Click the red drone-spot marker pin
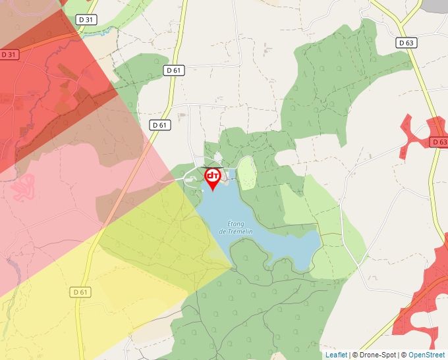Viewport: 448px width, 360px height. click(213, 178)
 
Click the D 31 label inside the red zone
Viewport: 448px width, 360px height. click(9, 55)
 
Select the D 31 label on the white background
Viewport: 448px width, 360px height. click(86, 20)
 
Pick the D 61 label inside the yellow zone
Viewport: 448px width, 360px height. click(80, 292)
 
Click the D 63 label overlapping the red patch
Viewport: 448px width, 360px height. click(439, 142)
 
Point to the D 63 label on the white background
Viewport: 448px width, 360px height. click(406, 43)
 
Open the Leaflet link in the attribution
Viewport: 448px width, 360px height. click(336, 355)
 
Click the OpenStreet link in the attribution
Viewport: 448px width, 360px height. click(427, 355)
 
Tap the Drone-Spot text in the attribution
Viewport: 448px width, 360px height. click(376, 355)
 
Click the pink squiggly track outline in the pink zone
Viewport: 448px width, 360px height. click(22, 186)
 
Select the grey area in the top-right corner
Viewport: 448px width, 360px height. click(437, 5)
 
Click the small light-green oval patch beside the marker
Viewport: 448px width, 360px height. click(246, 172)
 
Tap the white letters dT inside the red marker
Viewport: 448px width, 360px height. click(213, 176)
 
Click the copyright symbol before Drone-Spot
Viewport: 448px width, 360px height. click(355, 355)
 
